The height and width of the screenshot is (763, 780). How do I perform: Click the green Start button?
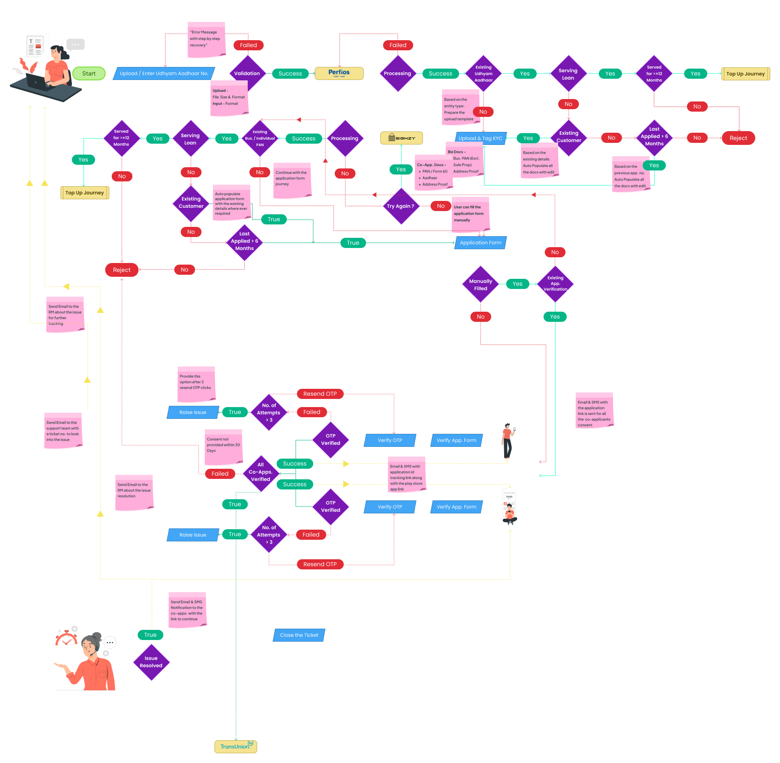tap(89, 73)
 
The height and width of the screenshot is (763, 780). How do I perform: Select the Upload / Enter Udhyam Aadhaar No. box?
tap(164, 73)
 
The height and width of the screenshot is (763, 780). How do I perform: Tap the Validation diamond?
tap(247, 73)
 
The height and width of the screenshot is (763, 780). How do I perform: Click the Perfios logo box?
tap(339, 73)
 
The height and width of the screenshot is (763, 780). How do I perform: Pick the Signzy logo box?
tap(401, 138)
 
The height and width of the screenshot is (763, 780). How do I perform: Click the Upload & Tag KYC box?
tap(480, 138)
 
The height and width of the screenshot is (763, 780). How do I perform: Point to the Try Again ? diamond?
tap(401, 206)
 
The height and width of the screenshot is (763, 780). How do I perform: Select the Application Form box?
tap(481, 243)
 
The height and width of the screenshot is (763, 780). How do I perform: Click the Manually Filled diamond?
tap(481, 285)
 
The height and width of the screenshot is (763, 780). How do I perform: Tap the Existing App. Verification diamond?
tap(555, 284)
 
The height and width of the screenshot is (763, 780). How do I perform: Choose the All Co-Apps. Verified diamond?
tap(260, 472)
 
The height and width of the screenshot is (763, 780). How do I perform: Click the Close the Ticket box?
tap(299, 635)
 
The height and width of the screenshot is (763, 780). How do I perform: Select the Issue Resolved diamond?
tap(151, 662)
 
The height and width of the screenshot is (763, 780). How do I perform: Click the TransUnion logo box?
tap(236, 746)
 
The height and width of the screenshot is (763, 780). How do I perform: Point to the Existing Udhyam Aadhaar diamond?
tap(483, 73)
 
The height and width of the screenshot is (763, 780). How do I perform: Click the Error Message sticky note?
tap(206, 40)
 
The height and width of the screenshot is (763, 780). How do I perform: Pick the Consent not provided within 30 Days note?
tap(223, 447)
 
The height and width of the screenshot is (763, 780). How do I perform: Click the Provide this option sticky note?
tap(196, 384)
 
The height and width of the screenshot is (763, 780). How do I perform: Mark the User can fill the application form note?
tap(470, 214)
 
